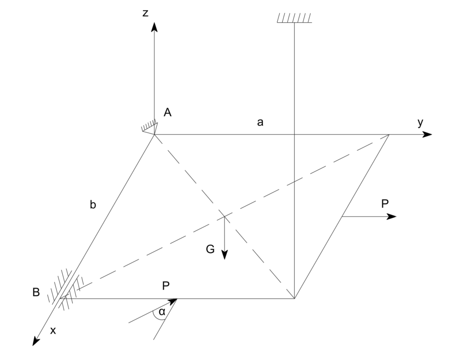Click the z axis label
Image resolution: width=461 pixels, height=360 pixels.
[145, 13]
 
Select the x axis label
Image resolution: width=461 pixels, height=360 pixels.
[53, 331]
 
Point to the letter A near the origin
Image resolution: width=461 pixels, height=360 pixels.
[168, 113]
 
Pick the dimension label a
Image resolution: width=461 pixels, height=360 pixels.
[261, 122]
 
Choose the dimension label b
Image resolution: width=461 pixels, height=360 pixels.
[93, 205]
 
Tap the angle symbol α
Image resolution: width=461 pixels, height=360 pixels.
[162, 312]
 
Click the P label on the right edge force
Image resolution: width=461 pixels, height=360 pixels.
[385, 204]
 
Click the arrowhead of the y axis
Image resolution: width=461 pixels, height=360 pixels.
[427, 135]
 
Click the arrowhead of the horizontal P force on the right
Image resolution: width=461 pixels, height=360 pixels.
[392, 216]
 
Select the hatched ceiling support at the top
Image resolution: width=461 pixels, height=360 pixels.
[294, 18]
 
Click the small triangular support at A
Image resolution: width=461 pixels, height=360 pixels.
[150, 127]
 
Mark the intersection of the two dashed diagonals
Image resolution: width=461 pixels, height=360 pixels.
[224, 217]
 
